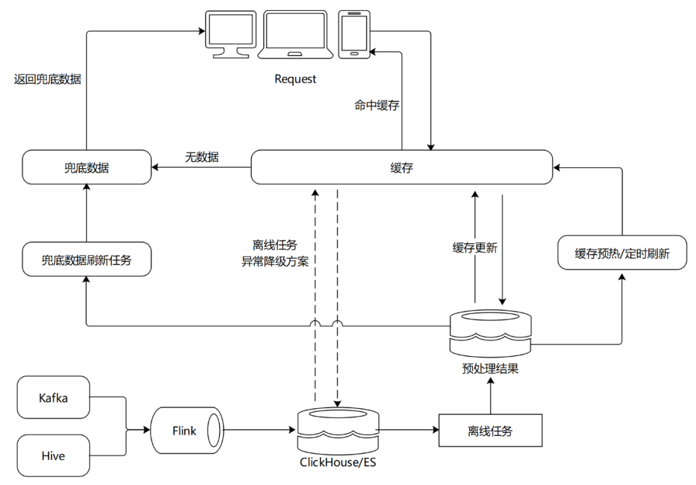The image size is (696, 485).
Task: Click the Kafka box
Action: coord(53,398)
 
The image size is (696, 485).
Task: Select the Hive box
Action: coord(53,456)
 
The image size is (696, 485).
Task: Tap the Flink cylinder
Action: coord(186,430)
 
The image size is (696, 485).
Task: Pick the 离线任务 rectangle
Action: coord(490,431)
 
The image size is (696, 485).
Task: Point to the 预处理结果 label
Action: coord(490,370)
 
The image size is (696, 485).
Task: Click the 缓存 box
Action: coord(401,168)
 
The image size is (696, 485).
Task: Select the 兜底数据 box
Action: coord(86,168)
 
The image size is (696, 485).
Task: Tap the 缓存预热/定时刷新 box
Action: coord(622,253)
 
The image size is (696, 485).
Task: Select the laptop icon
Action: coord(296,34)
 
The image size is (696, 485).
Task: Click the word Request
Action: coord(296,79)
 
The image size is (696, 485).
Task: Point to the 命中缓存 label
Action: coord(377,105)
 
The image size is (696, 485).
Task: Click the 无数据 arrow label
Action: coord(201,157)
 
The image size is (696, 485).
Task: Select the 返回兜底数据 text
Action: coord(48,80)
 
